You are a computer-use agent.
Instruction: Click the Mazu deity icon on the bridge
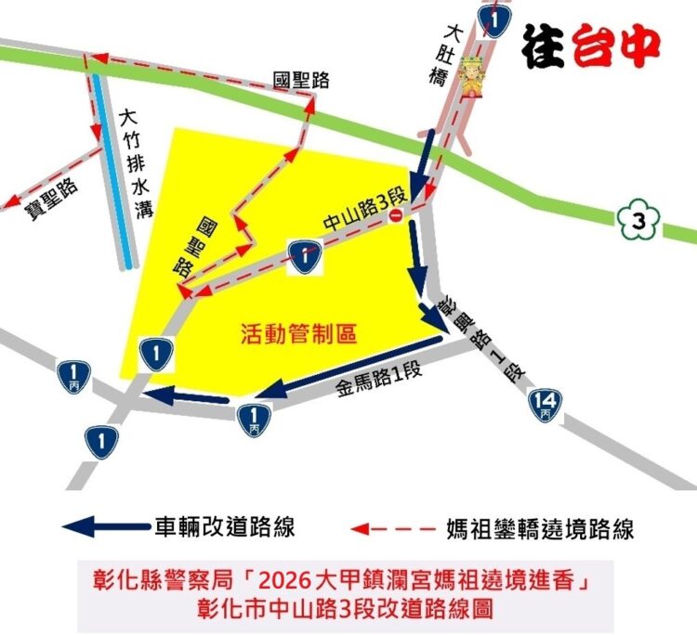click(474, 82)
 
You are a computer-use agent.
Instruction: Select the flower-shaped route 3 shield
click(637, 221)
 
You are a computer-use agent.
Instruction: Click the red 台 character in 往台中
click(601, 42)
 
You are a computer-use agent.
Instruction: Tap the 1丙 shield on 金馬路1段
click(254, 414)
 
